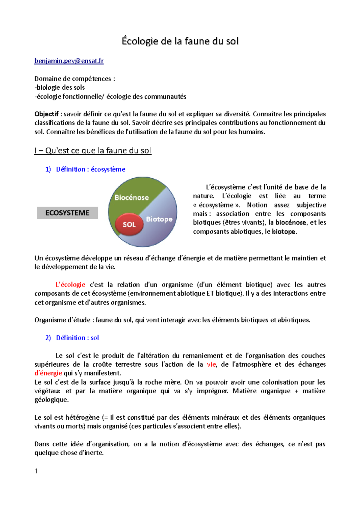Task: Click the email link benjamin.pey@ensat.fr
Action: click(69, 61)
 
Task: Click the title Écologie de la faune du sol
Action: click(180, 41)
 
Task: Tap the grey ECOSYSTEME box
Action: click(67, 213)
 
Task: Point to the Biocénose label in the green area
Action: click(132, 198)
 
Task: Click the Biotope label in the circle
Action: click(159, 219)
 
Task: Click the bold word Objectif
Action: click(46, 114)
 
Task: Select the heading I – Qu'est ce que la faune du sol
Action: click(93, 150)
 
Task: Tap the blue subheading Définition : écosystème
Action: click(90, 169)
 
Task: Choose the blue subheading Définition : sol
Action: click(77, 338)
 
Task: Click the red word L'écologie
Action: click(70, 285)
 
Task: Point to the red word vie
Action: click(211, 365)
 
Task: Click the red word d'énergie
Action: click(48, 373)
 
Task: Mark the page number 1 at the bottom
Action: click(36, 471)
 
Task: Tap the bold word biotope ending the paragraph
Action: click(283, 231)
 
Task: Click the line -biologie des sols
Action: click(60, 88)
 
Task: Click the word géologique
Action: click(51, 400)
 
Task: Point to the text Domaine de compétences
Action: click(73, 79)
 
